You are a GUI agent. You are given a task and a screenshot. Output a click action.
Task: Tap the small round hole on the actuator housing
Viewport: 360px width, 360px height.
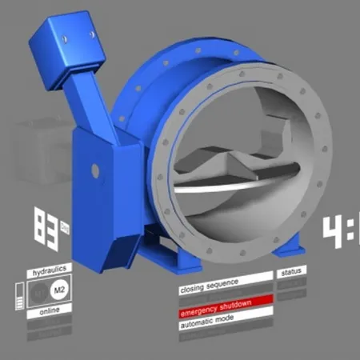click(95, 170)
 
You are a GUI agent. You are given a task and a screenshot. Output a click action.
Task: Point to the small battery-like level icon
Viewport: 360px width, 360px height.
click(20, 299)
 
